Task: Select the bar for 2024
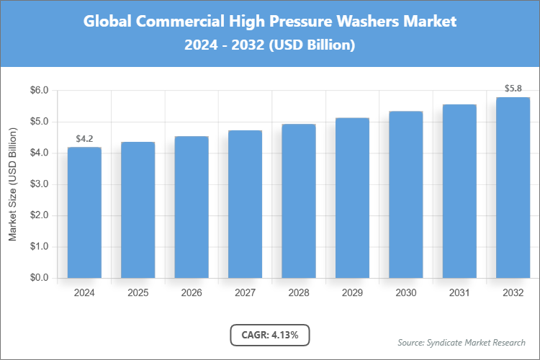pos(84,212)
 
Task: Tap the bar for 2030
pos(405,194)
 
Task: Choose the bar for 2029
pos(352,198)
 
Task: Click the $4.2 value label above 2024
pos(84,139)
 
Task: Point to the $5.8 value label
pos(513,89)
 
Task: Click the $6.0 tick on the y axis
pos(39,91)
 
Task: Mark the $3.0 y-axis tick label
pos(39,184)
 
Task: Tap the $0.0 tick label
pos(39,278)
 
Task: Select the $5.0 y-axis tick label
pos(39,122)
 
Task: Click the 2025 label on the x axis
pos(138,293)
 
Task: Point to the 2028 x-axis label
pos(298,293)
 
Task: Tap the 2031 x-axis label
pos(459,293)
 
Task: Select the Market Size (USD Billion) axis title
pos(13,184)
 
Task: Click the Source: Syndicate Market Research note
pos(461,342)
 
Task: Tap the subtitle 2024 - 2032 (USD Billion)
pos(270,45)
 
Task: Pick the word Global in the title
pos(107,22)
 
